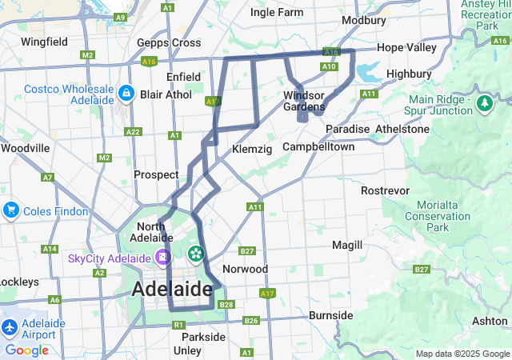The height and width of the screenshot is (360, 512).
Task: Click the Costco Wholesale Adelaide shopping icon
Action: click(x=126, y=94)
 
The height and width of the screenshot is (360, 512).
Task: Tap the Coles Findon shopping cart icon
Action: click(x=10, y=210)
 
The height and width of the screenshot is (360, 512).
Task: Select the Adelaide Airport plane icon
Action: click(x=10, y=328)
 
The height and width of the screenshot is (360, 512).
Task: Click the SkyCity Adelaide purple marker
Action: click(x=163, y=258)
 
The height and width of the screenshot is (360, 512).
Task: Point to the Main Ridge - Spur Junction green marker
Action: click(x=485, y=104)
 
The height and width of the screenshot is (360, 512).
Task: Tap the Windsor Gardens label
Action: click(x=304, y=101)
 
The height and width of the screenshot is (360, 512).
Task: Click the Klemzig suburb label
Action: click(x=252, y=150)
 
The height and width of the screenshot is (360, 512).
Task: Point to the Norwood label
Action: click(x=245, y=269)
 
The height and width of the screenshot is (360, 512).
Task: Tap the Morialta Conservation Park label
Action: click(x=437, y=216)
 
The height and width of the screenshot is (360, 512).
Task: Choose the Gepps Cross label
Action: click(x=169, y=42)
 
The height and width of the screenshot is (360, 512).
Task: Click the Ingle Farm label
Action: click(x=277, y=12)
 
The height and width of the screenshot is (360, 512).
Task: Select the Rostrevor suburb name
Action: click(x=385, y=190)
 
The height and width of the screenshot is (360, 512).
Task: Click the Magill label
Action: click(x=346, y=244)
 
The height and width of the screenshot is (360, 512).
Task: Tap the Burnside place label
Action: click(x=330, y=315)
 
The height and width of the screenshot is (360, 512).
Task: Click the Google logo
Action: click(x=26, y=350)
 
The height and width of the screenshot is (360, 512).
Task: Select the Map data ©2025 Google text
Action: click(x=462, y=354)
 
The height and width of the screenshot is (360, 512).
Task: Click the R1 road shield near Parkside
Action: click(x=178, y=324)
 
